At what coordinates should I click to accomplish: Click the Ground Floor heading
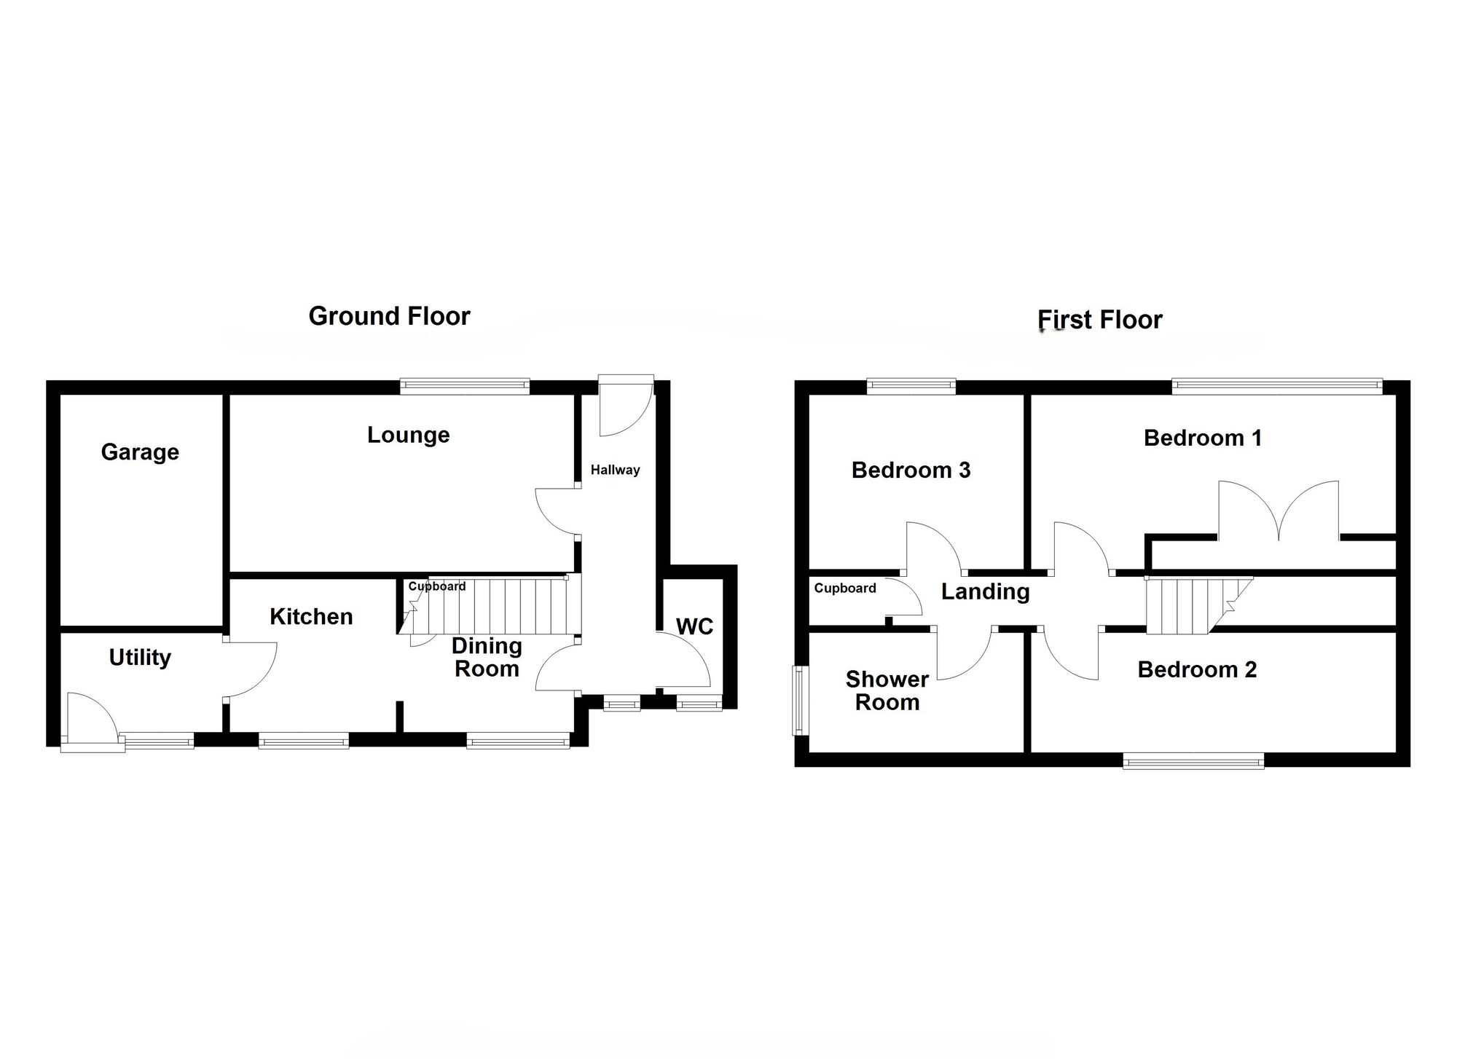pos(389,316)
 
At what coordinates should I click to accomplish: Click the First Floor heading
pos(1099,320)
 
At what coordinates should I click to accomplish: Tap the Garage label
pos(140,452)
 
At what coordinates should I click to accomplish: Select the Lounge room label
pos(408,435)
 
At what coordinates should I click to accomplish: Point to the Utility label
pos(140,658)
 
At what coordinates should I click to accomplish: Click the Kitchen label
pos(311,617)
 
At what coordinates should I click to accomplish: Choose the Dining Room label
pos(487,657)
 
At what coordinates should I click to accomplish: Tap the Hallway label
pos(615,470)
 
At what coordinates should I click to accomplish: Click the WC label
pos(694,626)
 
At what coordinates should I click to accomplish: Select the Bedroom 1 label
pos(1202,438)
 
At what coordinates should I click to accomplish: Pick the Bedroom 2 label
pos(1197,669)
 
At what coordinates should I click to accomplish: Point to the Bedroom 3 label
pos(911,471)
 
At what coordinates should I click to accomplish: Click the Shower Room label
pos(887,690)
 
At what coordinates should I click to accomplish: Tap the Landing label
pos(985,591)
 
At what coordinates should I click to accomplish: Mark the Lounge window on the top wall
pos(465,386)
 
